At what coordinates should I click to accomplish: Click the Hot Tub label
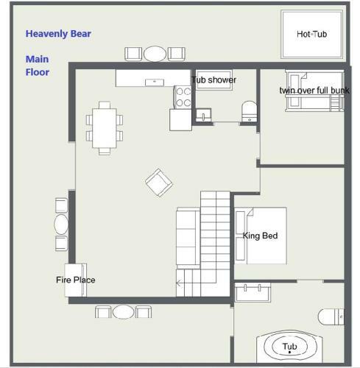point(311,34)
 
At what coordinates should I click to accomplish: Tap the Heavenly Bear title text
point(58,34)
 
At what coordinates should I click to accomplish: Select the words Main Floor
point(38,66)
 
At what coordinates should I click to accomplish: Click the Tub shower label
point(213,79)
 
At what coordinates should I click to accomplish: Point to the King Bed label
point(260,236)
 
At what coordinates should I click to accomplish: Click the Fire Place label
point(76,280)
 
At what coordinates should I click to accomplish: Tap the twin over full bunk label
point(314,91)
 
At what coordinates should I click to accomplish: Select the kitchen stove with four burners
point(183,97)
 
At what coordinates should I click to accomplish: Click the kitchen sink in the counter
point(155,82)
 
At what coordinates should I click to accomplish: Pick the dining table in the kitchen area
point(105,128)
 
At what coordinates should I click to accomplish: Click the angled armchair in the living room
point(159,183)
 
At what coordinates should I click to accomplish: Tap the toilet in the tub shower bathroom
point(250,111)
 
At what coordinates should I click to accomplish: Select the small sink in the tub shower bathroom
point(203,115)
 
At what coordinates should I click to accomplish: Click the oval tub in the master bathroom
point(289,346)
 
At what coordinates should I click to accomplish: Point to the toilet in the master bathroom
point(331,316)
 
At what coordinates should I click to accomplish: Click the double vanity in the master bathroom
point(253,292)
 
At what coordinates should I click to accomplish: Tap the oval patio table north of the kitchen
point(155,54)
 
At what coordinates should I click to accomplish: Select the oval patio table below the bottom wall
point(123,312)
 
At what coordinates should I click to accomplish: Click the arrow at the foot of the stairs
point(179,283)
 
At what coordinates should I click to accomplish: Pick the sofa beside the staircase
point(188,238)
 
